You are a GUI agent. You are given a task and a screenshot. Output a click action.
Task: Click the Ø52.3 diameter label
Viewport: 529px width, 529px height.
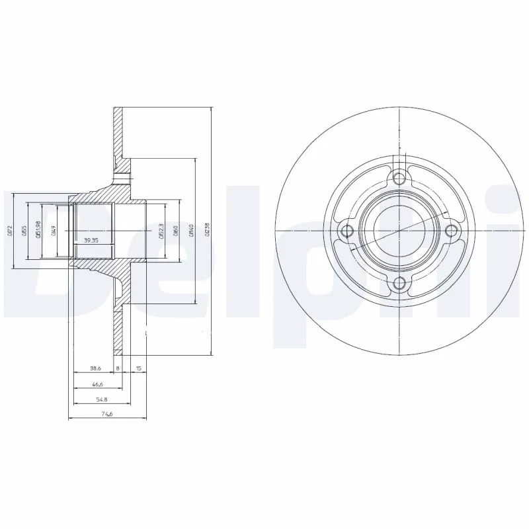[161, 230]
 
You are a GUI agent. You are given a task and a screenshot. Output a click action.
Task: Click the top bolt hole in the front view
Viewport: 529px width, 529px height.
[398, 177]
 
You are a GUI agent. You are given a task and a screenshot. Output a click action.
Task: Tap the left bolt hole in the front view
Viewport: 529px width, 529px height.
[345, 230]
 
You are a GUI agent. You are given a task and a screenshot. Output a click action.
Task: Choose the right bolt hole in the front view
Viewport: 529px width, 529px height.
[452, 230]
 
